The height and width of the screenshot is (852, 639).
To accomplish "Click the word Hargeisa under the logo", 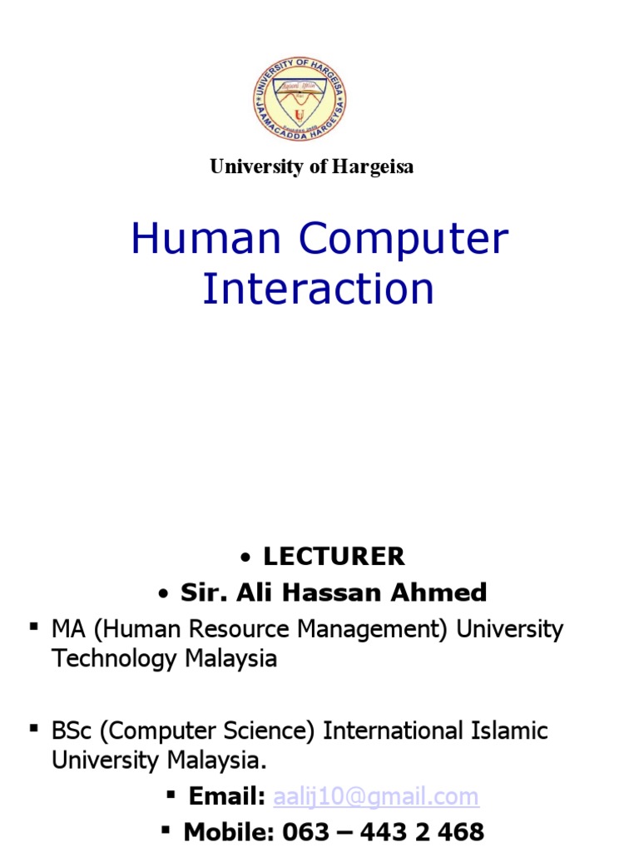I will pyautogui.click(x=373, y=166).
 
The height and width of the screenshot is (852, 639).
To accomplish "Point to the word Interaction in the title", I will pyautogui.click(x=319, y=289).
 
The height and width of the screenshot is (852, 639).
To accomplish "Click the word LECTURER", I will pyautogui.click(x=334, y=556).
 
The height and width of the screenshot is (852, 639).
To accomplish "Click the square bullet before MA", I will pyautogui.click(x=35, y=627).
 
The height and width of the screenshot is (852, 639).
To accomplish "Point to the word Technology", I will pyautogui.click(x=115, y=659).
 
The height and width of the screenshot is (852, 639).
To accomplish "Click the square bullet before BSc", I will pyautogui.click(x=35, y=729).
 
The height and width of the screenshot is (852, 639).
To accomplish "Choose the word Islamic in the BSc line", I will pyautogui.click(x=508, y=731).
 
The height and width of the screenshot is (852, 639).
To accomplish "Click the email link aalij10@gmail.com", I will pyautogui.click(x=375, y=797).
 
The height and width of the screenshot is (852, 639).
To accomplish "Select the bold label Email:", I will pyautogui.click(x=226, y=797).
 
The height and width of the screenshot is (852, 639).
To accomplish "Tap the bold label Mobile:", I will pyautogui.click(x=229, y=831).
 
